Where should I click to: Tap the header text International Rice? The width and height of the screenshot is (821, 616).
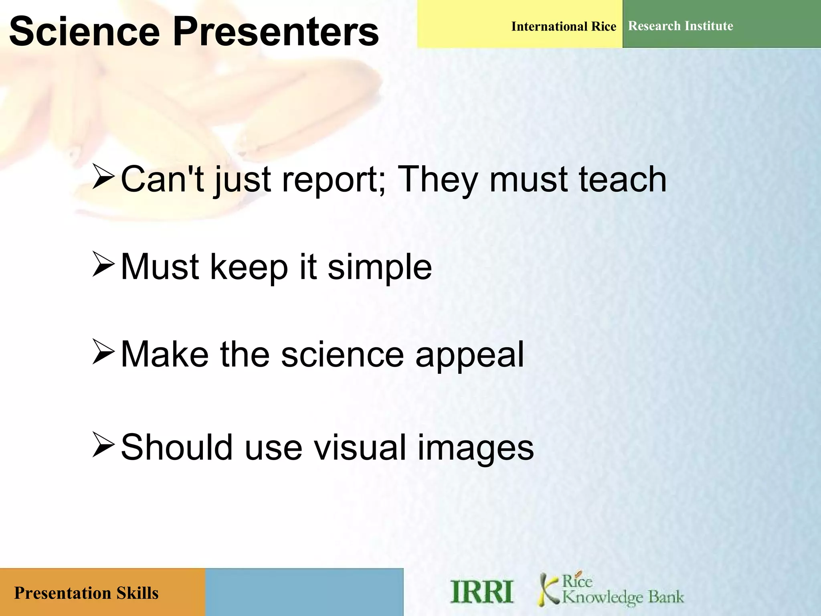click(x=563, y=26)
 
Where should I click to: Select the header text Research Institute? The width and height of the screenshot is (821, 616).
click(x=680, y=26)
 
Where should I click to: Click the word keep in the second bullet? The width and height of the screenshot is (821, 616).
click(x=249, y=267)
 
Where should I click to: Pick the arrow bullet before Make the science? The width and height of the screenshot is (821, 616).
click(x=103, y=352)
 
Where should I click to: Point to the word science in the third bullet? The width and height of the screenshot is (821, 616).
click(x=342, y=355)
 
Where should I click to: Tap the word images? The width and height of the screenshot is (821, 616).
click(x=475, y=448)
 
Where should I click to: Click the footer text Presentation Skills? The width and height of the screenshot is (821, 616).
click(x=86, y=593)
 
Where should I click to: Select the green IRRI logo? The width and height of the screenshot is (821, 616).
click(x=481, y=592)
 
